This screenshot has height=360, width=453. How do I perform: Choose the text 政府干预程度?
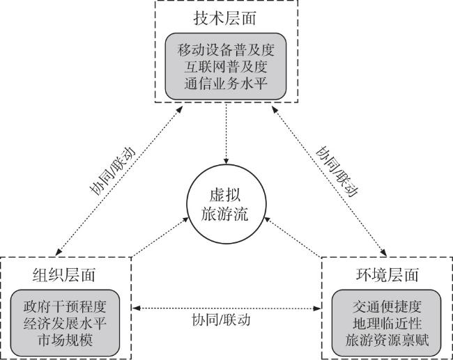[66, 306]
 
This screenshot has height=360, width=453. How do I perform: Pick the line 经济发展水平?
[66, 323]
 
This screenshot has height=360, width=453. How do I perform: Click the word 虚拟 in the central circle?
[226, 196]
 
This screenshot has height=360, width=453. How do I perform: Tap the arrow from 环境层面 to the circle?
[293, 237]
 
